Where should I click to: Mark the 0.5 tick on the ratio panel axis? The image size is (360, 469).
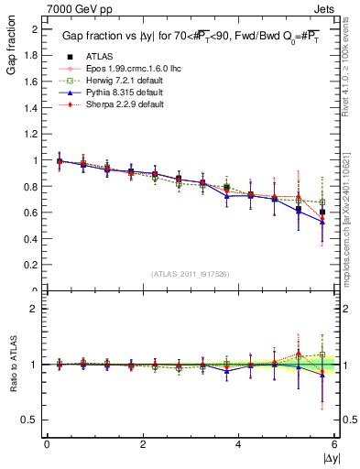coord(32,420)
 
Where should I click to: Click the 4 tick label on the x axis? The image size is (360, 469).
coord(238,443)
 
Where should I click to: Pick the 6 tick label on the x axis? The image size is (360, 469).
coord(334,443)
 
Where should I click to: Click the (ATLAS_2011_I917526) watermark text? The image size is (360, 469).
coord(190,274)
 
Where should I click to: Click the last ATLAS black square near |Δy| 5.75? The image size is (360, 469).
coord(322,212)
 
